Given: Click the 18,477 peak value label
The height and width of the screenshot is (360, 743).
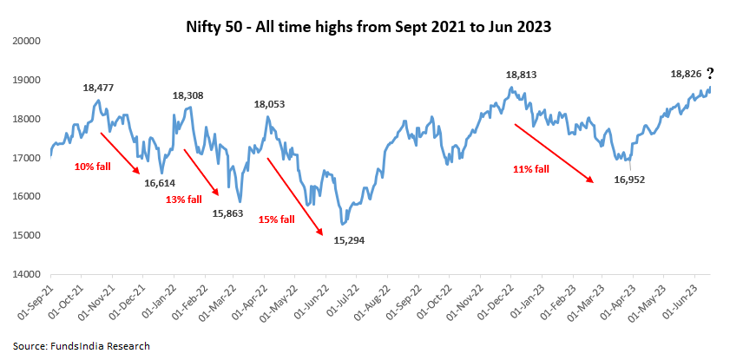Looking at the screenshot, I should pyautogui.click(x=99, y=88).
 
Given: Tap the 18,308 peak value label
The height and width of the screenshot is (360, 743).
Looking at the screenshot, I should pyautogui.click(x=188, y=95).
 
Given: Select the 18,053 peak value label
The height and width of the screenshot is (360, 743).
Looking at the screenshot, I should pyautogui.click(x=270, y=104).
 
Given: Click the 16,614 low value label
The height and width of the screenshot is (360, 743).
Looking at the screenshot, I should pyautogui.click(x=160, y=183).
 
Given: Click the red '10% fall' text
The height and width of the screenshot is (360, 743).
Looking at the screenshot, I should pyautogui.click(x=92, y=165).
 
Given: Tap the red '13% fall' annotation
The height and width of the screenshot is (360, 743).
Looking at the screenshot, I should pyautogui.click(x=183, y=200).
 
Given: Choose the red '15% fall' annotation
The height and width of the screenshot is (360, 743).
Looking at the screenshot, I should pyautogui.click(x=276, y=219).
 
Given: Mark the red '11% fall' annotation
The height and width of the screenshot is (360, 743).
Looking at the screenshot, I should pyautogui.click(x=530, y=170).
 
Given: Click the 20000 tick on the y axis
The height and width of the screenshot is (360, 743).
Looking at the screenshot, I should pyautogui.click(x=28, y=41).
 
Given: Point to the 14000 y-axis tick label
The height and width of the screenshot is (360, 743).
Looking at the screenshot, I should pyautogui.click(x=28, y=274).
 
